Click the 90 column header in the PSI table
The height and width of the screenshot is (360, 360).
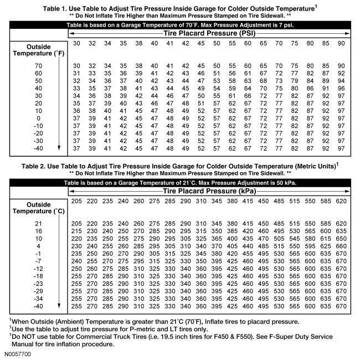click(341, 43)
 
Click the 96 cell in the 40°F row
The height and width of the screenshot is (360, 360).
click(341, 88)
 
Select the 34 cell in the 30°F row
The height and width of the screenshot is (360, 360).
click(77, 95)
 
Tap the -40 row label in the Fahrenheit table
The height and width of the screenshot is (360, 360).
click(38, 148)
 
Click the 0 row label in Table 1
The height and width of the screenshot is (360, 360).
click(38, 118)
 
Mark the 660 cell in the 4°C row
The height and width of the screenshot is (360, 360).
click(341, 245)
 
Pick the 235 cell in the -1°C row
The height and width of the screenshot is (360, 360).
click(77, 253)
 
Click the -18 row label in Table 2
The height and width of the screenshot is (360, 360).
click(38, 275)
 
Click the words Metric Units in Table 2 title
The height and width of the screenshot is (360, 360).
click(311, 166)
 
